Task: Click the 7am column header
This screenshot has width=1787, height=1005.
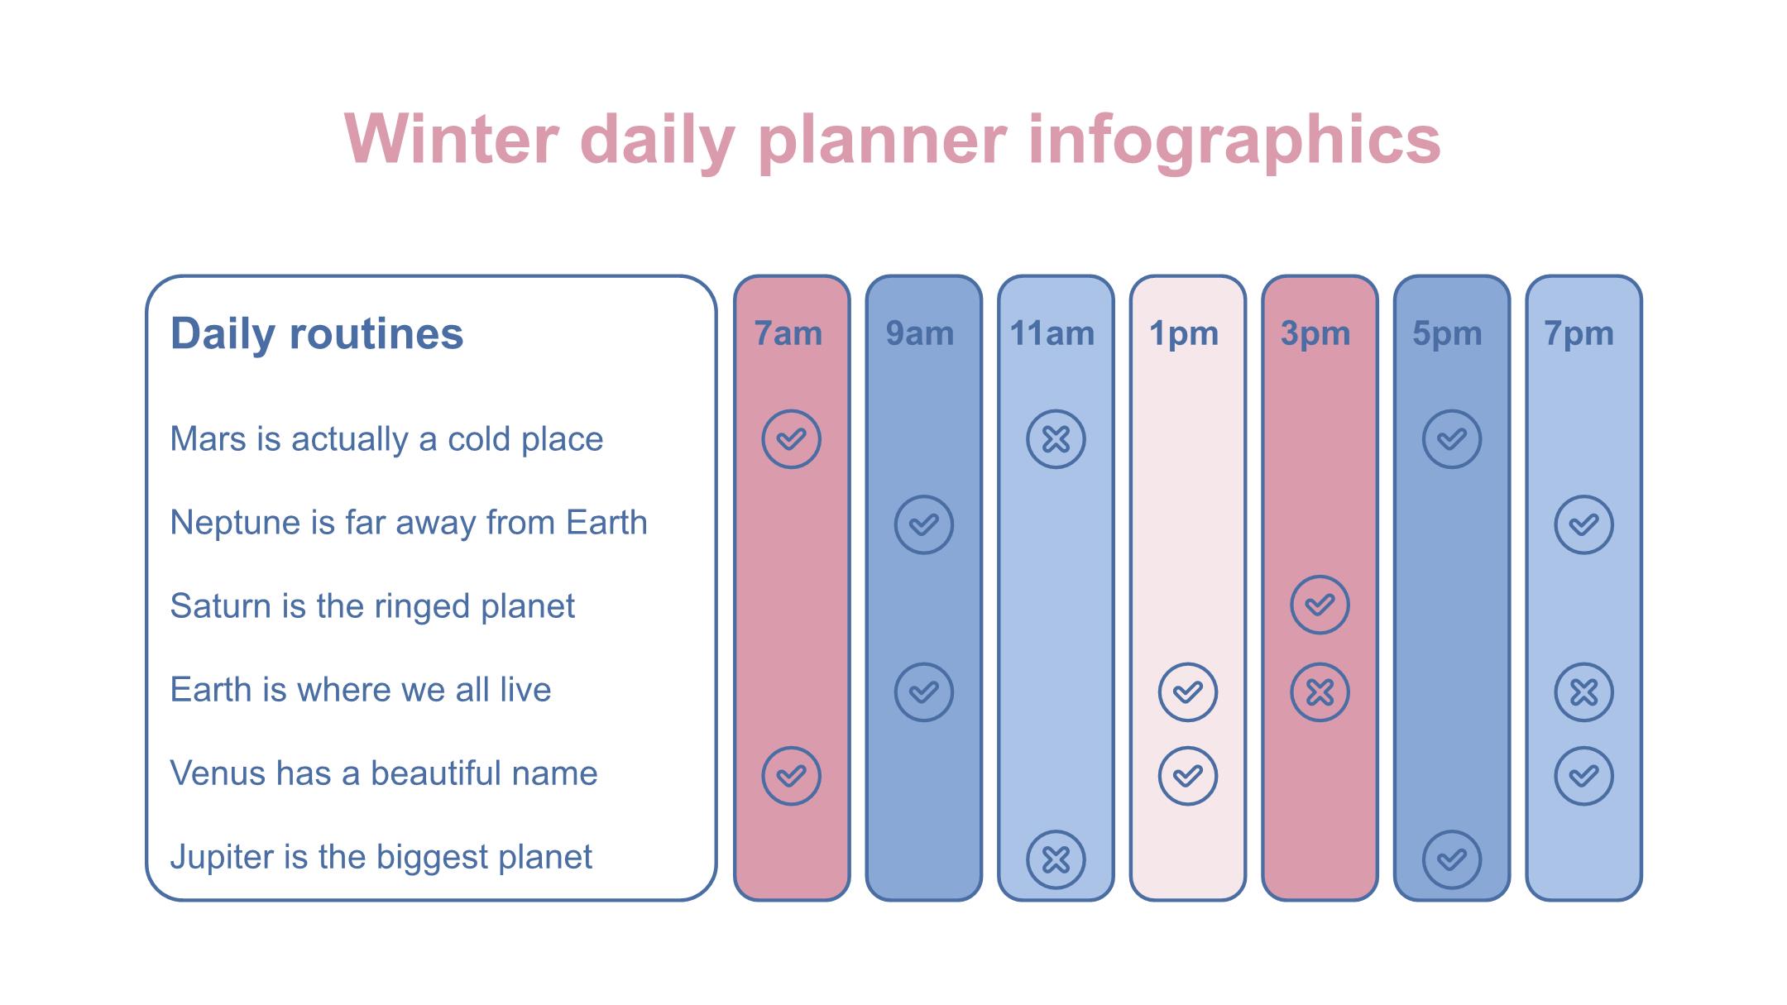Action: pyautogui.click(x=788, y=334)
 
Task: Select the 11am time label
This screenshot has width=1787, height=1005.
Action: pyautogui.click(x=1052, y=334)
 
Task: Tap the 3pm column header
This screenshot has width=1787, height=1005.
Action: pyautogui.click(x=1315, y=334)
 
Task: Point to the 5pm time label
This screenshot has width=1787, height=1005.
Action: pyautogui.click(x=1447, y=334)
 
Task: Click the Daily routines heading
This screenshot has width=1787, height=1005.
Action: pyautogui.click(x=317, y=333)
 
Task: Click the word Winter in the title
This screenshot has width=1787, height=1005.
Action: pyautogui.click(x=452, y=139)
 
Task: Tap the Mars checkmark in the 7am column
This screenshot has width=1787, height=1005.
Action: pyautogui.click(x=792, y=439)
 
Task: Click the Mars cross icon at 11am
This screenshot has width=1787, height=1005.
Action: pyautogui.click(x=1056, y=439)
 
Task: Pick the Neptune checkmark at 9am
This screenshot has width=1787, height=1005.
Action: pyautogui.click(x=924, y=524)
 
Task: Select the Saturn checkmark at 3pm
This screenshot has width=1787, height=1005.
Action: pyautogui.click(x=1320, y=605)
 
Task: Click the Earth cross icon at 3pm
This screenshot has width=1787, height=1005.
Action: pyautogui.click(x=1320, y=692)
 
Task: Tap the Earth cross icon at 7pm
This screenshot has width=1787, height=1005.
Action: pyautogui.click(x=1584, y=692)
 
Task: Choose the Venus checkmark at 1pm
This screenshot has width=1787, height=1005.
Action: pyautogui.click(x=1188, y=776)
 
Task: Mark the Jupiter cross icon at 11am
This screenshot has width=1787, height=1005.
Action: pyautogui.click(x=1056, y=860)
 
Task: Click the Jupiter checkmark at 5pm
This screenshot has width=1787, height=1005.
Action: pyautogui.click(x=1452, y=860)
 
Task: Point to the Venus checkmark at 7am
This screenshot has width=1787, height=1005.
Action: pyautogui.click(x=792, y=776)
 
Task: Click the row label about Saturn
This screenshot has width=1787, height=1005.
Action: pyautogui.click(x=372, y=606)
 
